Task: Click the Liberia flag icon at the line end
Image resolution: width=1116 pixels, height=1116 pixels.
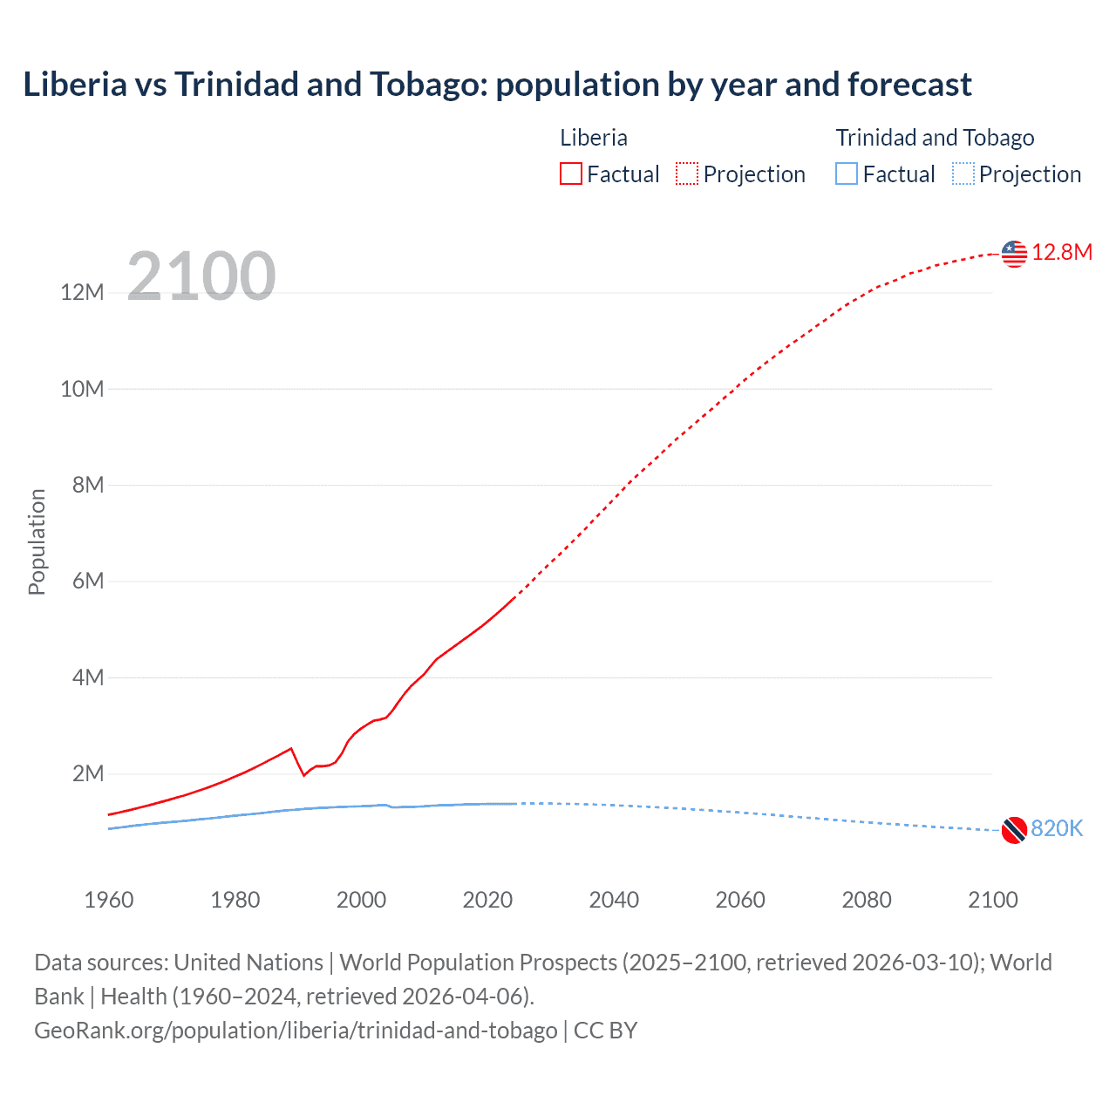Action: tap(1014, 254)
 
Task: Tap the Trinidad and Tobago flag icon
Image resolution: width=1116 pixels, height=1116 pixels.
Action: tap(1014, 830)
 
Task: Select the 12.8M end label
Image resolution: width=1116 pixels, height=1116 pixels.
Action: tap(1062, 253)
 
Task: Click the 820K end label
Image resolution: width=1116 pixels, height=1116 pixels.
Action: tap(1057, 829)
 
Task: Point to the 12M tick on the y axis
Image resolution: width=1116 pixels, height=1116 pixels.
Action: tap(82, 293)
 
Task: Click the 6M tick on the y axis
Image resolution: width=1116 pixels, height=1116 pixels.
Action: tap(88, 582)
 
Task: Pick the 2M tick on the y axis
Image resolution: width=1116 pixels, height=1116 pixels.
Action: tap(88, 774)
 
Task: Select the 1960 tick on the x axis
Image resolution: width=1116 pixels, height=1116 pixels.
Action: tap(109, 900)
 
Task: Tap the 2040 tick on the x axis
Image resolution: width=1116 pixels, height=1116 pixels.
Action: tap(614, 900)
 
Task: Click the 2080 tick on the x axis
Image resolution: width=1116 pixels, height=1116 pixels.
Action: tap(867, 900)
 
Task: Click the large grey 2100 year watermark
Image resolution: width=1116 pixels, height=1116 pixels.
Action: tap(201, 276)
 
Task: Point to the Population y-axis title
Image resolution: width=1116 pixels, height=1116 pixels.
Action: tap(37, 541)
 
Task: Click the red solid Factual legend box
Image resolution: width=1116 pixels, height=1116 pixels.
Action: tap(571, 174)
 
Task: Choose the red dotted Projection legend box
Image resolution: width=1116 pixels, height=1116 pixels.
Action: tap(687, 174)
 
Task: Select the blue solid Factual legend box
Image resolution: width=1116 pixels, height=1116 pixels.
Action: tap(847, 174)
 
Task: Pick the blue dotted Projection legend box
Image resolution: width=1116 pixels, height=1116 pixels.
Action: tap(963, 174)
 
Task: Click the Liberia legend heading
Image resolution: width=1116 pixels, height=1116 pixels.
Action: tap(594, 138)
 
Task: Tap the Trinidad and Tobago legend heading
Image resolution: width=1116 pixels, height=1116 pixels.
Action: tap(935, 138)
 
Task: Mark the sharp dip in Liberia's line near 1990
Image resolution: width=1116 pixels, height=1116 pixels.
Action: tap(303, 774)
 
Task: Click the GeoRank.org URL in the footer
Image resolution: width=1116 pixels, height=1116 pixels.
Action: tap(296, 1031)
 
